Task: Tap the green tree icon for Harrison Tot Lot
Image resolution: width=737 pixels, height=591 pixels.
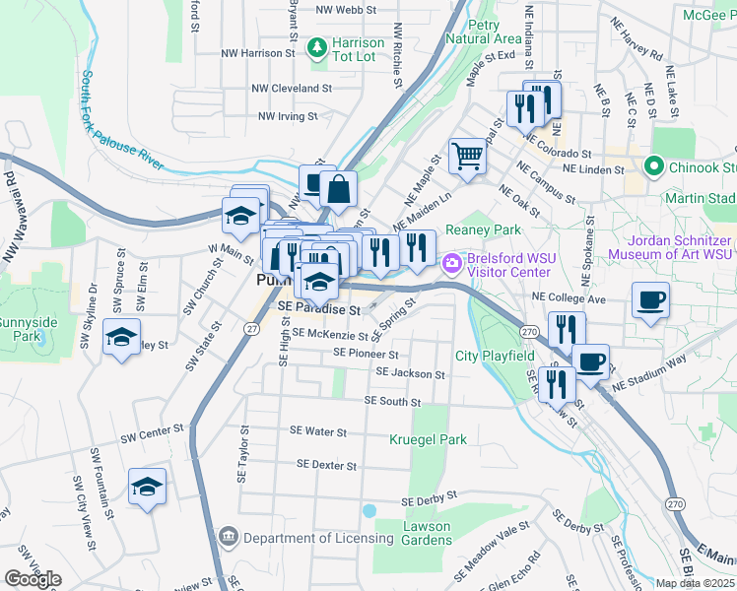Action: [318, 45]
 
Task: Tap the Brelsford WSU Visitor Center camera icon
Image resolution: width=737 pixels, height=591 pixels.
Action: [452, 261]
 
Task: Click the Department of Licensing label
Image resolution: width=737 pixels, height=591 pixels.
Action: [318, 538]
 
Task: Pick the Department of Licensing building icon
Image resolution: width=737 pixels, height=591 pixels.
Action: [229, 537]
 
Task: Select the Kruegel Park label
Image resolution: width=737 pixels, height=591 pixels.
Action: [428, 439]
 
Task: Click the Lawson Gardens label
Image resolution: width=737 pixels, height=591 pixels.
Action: [427, 533]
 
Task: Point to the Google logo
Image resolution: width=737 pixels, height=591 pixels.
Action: [33, 579]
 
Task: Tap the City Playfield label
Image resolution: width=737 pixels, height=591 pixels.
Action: [495, 356]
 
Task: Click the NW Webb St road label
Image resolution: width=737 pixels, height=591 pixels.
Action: [347, 10]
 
